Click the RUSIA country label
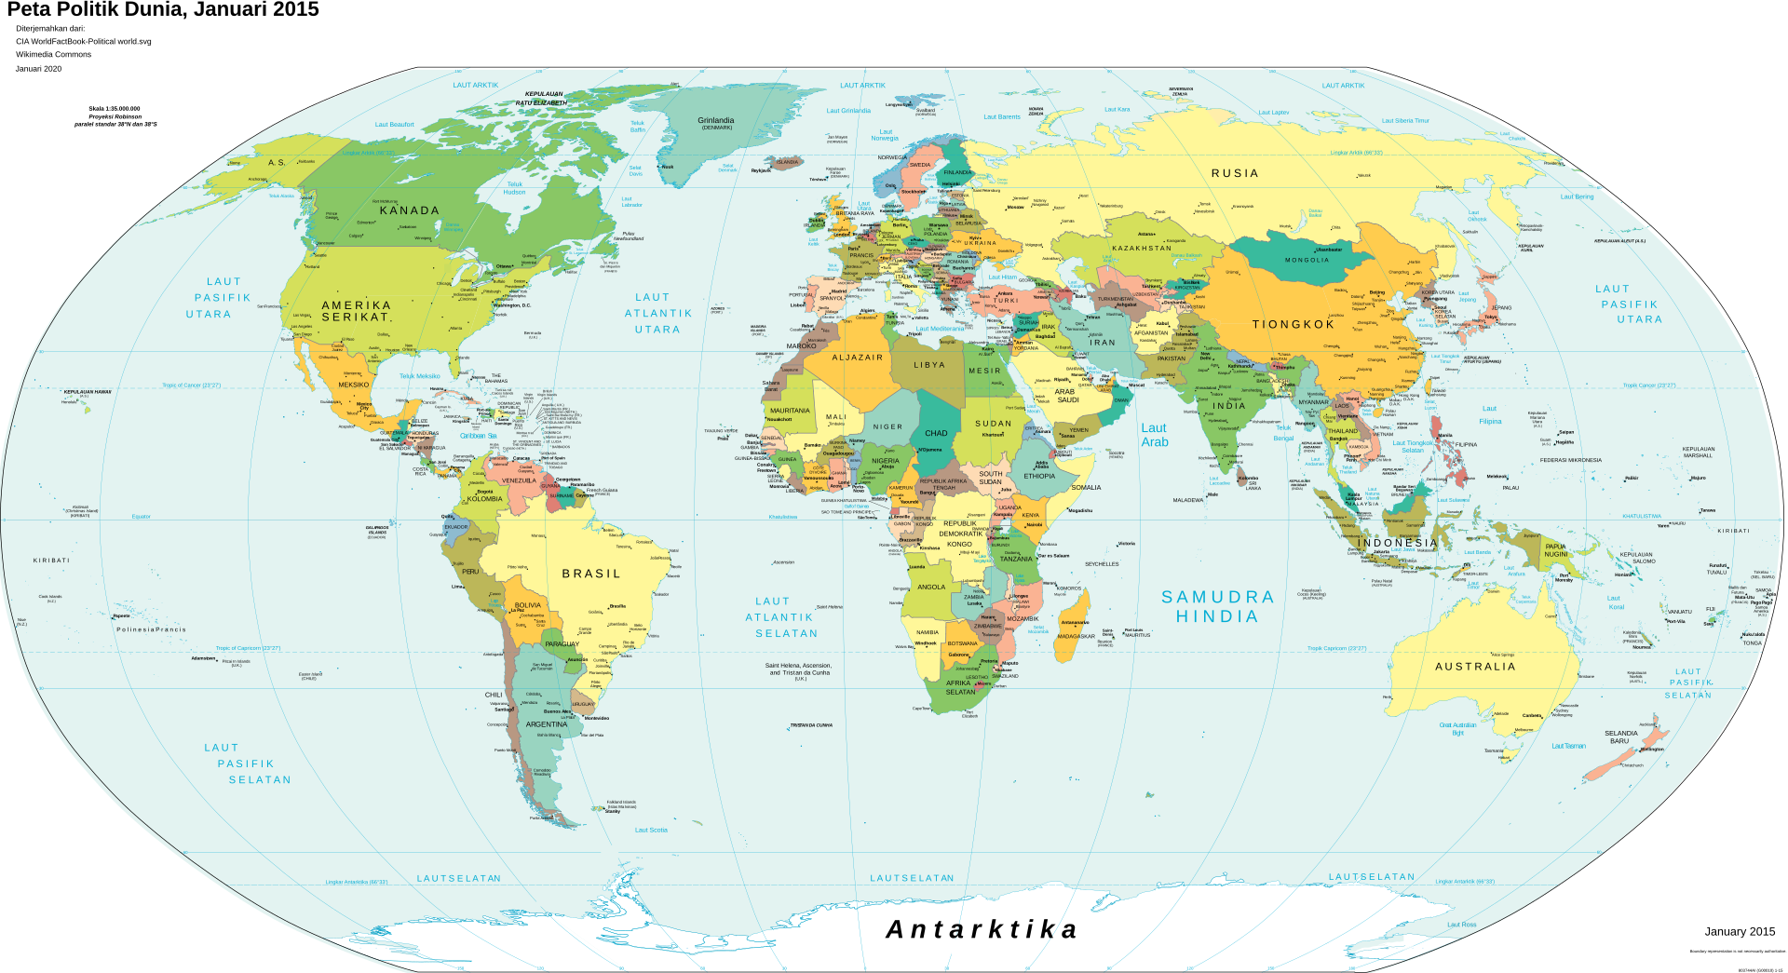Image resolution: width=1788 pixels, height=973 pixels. point(1235,173)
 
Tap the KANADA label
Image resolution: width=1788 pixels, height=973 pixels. point(409,210)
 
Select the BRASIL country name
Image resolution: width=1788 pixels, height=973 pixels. point(590,574)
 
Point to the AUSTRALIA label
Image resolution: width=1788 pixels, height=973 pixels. point(1475,667)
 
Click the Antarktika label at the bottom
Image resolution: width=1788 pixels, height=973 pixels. point(982,929)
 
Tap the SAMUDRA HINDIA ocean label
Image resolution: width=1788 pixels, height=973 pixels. point(1217,606)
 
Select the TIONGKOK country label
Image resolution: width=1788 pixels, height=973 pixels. point(1294,324)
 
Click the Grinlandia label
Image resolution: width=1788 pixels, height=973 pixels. point(715,121)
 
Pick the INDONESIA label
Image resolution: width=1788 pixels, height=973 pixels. point(1397,543)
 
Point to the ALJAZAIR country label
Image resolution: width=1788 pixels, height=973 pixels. point(857,358)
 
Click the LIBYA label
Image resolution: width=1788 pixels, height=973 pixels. point(928,365)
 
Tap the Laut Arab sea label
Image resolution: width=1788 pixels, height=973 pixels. point(1154,435)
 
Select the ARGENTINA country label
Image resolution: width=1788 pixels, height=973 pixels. point(547,724)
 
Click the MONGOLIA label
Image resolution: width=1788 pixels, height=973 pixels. point(1307,260)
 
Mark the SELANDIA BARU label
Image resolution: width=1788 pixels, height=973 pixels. point(1620,737)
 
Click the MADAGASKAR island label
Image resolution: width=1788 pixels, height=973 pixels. point(1077,637)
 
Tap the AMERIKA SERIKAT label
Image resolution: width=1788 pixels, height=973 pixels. point(356,311)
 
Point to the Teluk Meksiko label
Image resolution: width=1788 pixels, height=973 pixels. point(419,376)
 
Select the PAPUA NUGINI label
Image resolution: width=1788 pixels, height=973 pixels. point(1556,550)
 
